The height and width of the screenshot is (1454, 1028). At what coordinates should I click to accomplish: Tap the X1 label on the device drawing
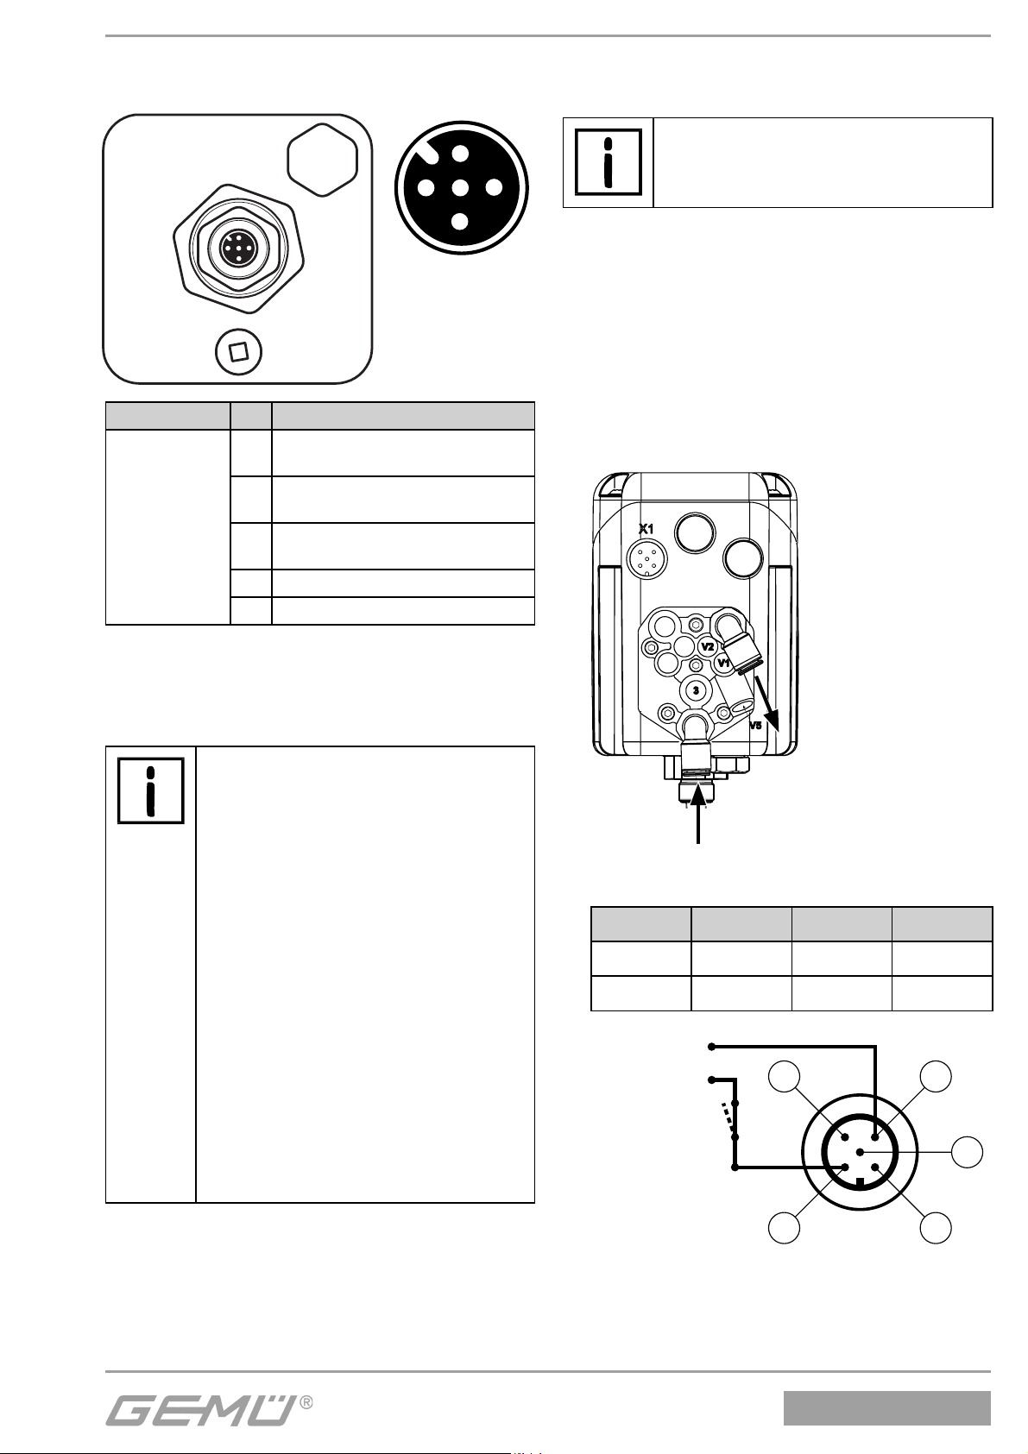(x=645, y=529)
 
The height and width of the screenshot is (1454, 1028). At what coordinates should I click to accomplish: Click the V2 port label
(x=708, y=646)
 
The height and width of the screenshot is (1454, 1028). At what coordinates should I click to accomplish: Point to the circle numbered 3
(x=696, y=690)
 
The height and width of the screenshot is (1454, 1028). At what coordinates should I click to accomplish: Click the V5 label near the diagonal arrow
(x=755, y=726)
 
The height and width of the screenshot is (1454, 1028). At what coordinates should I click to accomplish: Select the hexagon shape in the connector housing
(x=322, y=160)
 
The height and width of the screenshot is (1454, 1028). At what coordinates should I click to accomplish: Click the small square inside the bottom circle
(x=238, y=352)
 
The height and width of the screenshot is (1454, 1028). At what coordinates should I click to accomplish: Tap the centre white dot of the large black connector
(x=460, y=188)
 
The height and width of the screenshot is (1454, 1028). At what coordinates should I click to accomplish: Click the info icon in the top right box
(x=609, y=161)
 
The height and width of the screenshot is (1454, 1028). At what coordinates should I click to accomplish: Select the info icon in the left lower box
(x=151, y=790)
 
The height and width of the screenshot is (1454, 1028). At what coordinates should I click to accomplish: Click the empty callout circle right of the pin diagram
(x=968, y=1152)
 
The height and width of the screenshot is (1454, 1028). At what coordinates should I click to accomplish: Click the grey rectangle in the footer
(x=887, y=1408)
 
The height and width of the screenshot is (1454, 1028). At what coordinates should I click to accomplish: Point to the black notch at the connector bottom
(x=860, y=1183)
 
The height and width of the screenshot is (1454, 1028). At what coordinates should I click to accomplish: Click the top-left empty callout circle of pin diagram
(x=785, y=1077)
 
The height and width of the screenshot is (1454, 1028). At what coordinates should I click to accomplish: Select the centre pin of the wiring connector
(x=860, y=1152)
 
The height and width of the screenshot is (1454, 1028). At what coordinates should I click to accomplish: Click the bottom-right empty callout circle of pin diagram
(x=936, y=1227)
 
